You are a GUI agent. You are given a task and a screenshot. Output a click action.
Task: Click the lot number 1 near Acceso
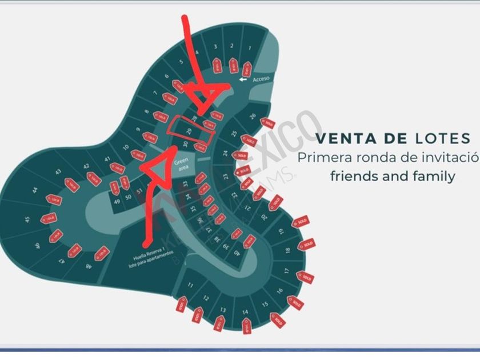pos(249,49)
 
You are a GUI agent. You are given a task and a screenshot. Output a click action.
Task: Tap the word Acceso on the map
pos(261,78)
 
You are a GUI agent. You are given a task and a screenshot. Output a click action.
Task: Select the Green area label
pos(181,164)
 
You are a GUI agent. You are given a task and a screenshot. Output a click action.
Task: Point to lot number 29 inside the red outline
pos(189,131)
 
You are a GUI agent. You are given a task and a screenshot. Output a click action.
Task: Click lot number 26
pos(252,117)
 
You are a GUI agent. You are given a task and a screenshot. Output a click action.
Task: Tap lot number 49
pos(117,201)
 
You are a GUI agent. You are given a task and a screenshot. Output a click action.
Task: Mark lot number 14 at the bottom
pos(245,312)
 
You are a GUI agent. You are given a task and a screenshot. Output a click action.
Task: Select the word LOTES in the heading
pos(441,138)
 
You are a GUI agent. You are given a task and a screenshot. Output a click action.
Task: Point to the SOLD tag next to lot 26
pos(267,123)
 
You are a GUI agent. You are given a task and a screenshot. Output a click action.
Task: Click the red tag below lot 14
pos(246,327)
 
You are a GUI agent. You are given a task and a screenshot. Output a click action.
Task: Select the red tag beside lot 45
pos(49,218)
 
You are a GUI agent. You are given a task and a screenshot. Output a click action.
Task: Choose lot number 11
pos(190,285)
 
